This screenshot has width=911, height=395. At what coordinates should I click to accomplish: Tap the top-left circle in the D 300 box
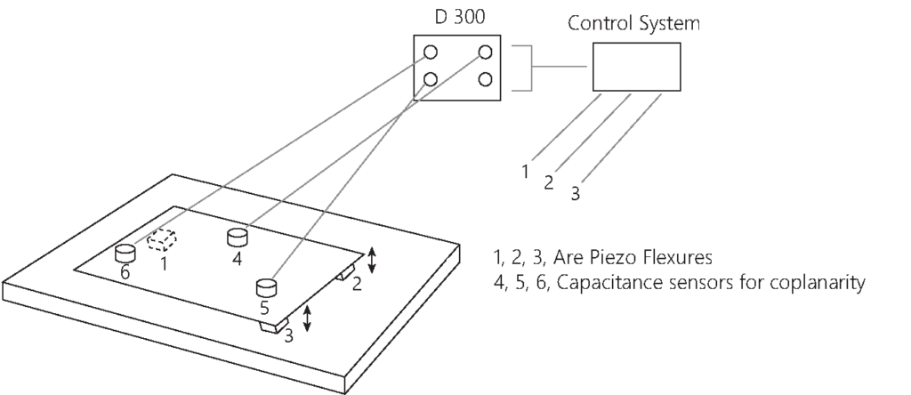[431, 52]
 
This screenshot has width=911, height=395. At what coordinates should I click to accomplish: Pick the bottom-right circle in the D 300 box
[485, 79]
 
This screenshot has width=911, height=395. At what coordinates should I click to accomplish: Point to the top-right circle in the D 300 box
[485, 52]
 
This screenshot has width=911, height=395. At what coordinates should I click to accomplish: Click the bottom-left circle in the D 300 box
[431, 79]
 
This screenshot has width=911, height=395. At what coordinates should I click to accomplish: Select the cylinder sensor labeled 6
[125, 253]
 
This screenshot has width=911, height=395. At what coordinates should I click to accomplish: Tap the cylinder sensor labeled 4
[237, 238]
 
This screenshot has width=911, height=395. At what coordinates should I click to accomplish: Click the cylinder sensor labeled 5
[265, 287]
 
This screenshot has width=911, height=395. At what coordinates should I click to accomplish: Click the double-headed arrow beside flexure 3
[307, 318]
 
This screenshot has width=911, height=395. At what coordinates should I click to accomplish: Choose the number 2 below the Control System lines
[549, 183]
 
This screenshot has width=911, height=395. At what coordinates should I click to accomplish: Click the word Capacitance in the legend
[599, 285]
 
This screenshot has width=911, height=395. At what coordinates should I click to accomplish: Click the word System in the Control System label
[670, 24]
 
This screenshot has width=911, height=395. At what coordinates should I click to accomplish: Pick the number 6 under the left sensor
[125, 273]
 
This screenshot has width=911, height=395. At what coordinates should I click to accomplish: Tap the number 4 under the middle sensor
[237, 259]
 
